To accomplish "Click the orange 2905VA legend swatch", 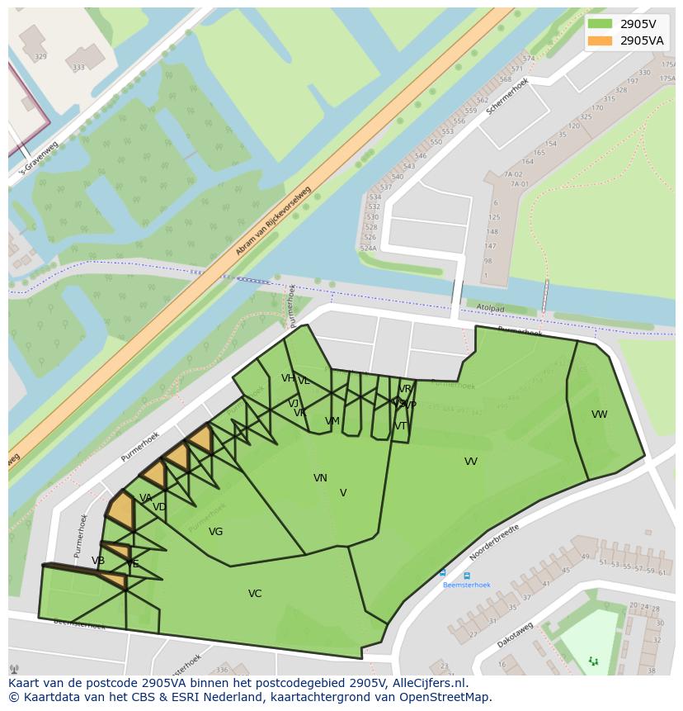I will coord(600,40).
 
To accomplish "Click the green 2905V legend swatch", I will coord(600,23).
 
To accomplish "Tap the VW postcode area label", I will coord(599,415).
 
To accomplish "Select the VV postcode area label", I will coord(470,462).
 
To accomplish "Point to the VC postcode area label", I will coord(255,594).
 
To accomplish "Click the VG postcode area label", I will coord(215,532).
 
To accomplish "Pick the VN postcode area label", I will coord(320,478).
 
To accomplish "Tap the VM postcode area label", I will coord(332,421).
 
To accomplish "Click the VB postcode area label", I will coord(98,562).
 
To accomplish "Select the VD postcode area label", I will coord(159,507).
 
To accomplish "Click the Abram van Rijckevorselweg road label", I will coord(273,220).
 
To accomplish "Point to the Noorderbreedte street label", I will coord(494,543).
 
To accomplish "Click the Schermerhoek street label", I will coord(506,97).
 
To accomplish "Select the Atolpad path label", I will coord(490,308).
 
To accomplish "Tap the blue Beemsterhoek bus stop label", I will coord(466,585).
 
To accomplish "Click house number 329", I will coord(40,57).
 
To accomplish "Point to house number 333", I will coord(78,68).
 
